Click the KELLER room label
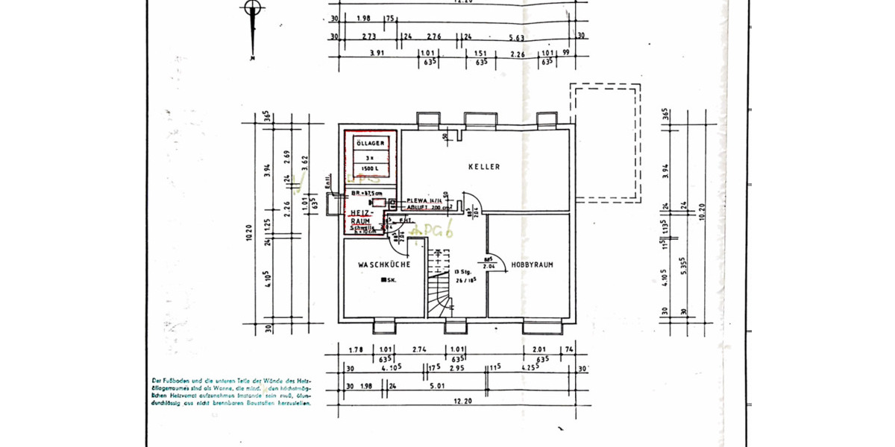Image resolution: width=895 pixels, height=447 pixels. (484, 167)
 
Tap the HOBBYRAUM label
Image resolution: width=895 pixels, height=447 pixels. (531, 264)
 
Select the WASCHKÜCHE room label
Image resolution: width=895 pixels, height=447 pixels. (383, 264)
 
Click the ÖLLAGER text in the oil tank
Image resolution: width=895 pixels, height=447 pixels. (371, 142)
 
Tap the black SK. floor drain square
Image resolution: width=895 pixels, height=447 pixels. (383, 280)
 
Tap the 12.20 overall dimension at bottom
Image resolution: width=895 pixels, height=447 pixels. (463, 402)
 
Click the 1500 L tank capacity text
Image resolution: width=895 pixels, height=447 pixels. (371, 170)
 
